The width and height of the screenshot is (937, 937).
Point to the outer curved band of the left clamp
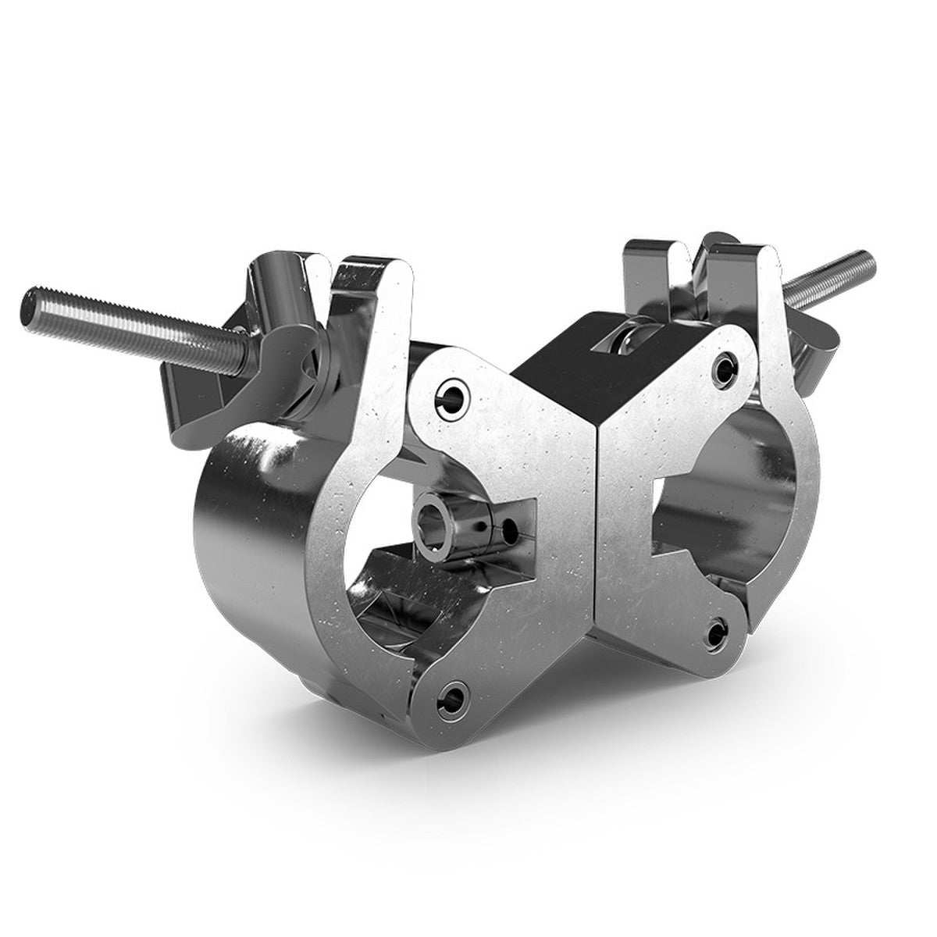tap(250, 531)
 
